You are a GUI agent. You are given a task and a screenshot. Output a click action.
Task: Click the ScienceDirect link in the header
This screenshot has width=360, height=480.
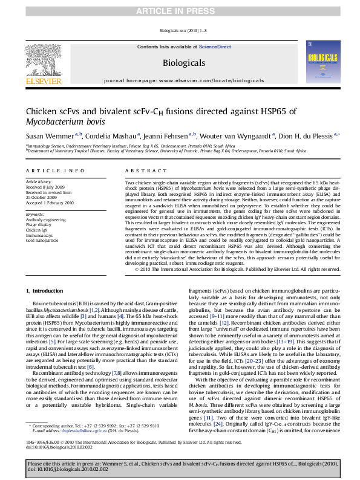pyautogui.click(x=215, y=47)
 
